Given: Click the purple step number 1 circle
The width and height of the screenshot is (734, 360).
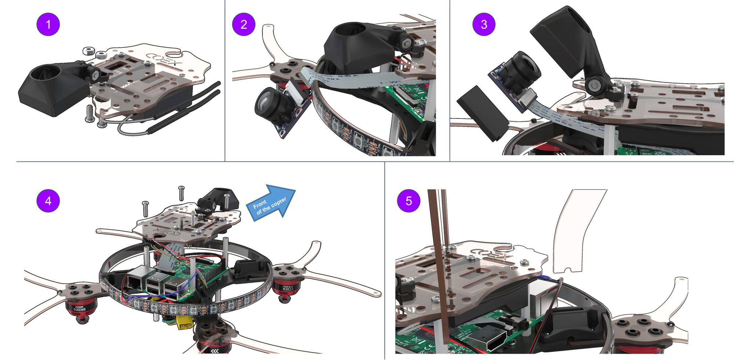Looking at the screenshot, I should click(48, 24).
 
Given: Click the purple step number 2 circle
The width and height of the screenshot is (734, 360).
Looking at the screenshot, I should click(244, 24).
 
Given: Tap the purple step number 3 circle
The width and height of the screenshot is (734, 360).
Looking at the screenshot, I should click(484, 24).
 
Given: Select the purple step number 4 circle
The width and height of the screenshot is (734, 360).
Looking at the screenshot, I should click(48, 201).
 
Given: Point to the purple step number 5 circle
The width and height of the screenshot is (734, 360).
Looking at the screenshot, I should click(408, 201).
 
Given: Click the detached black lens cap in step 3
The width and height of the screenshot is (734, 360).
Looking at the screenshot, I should click(482, 112).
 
